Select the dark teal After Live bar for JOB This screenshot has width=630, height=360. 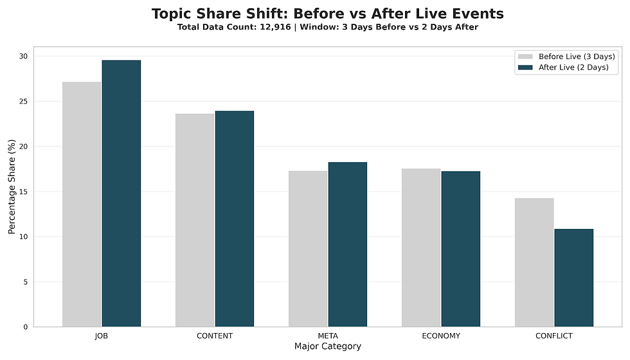pyautogui.click(x=122, y=194)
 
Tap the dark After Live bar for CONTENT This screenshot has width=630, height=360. pyautogui.click(x=235, y=219)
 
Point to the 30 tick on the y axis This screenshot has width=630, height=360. pyautogui.click(x=23, y=57)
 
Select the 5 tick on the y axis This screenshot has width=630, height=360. pyautogui.click(x=26, y=282)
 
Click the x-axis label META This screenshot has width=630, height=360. pyautogui.click(x=328, y=336)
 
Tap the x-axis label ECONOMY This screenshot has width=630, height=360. pyautogui.click(x=441, y=336)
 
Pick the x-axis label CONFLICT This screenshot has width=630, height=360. pyautogui.click(x=554, y=336)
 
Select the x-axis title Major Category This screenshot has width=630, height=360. pyautogui.click(x=328, y=346)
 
